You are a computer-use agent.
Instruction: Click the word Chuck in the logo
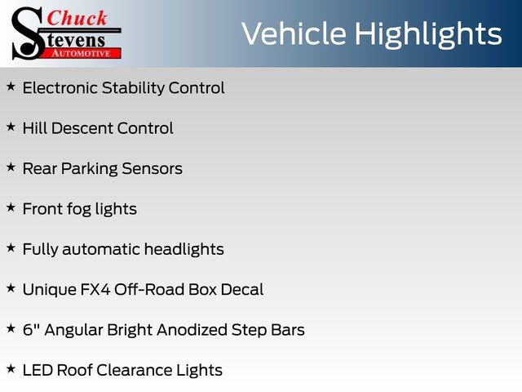click(77, 18)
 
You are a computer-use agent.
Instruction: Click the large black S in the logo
click(28, 33)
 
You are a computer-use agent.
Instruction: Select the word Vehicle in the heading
click(294, 33)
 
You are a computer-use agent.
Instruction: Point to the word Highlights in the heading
click(427, 34)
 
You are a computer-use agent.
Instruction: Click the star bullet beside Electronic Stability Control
click(11, 87)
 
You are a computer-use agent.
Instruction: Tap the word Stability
click(133, 88)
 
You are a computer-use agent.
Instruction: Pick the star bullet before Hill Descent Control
click(11, 127)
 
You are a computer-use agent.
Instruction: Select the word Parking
click(89, 169)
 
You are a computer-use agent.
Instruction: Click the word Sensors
click(153, 169)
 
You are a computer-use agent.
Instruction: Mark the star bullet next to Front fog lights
click(11, 207)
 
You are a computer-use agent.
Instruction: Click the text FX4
click(95, 290)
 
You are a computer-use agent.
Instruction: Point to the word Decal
click(242, 290)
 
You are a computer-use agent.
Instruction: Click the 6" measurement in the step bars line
click(31, 330)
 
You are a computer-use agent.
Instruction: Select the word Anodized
click(192, 330)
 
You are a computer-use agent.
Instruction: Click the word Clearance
click(134, 370)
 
